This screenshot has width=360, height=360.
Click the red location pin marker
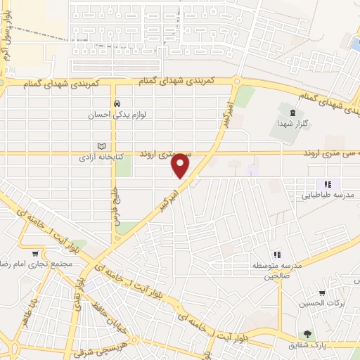pos(181,165)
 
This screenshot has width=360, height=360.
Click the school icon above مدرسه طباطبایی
pos(327,184)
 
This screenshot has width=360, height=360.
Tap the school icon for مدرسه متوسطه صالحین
pos(276,254)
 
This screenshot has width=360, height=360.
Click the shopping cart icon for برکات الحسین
pos(321,293)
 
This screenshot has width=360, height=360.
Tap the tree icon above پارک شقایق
pos(307,334)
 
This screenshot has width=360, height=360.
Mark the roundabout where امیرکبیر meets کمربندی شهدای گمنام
pos(238,82)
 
